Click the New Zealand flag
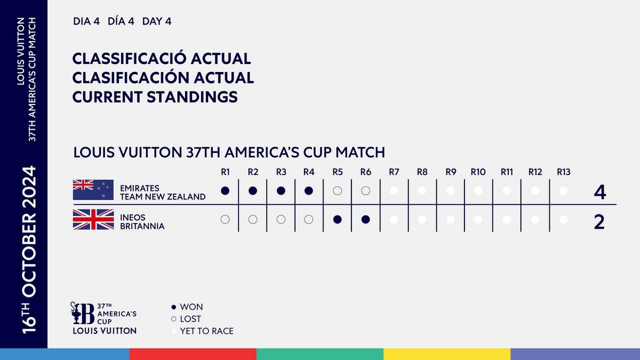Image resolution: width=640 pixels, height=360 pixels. (x=93, y=190)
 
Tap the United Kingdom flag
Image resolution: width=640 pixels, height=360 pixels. (x=93, y=219)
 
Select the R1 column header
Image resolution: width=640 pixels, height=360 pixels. (x=225, y=172)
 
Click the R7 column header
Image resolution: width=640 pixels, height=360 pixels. (x=394, y=172)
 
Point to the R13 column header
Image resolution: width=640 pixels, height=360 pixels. (x=563, y=172)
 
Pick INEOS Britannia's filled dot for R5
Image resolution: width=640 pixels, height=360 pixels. (x=337, y=219)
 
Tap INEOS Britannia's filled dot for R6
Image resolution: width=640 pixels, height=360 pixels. (x=365, y=219)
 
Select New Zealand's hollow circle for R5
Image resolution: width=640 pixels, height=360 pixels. (x=337, y=190)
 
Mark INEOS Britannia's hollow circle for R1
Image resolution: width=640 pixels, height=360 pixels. (x=225, y=219)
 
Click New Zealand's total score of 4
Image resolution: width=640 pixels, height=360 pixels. (x=599, y=192)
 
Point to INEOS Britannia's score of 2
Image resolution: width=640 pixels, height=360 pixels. (x=599, y=222)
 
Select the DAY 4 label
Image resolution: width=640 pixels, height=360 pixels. (x=157, y=22)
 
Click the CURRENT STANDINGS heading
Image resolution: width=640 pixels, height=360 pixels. (x=155, y=98)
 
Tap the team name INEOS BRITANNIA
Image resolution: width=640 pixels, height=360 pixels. (x=142, y=222)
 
